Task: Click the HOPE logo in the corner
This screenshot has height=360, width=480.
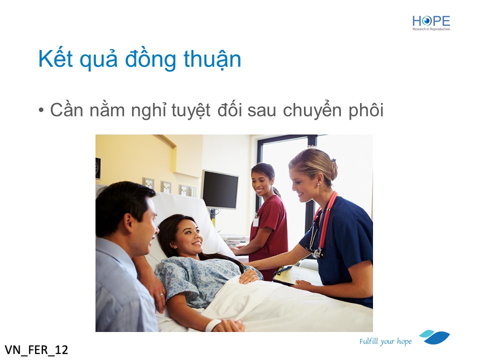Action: point(431,23)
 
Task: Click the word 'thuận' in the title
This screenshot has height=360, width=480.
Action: point(212,59)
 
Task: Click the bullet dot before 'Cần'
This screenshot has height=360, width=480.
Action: point(41,110)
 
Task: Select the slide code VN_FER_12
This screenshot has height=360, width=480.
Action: point(36,349)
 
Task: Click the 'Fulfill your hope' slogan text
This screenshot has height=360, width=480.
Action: point(385,341)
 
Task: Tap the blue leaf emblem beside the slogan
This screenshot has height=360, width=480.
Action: point(434,337)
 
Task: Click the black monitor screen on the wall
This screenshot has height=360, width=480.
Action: point(220,189)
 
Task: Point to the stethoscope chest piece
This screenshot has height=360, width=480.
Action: point(318,253)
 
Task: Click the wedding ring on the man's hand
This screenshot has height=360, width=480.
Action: point(161,294)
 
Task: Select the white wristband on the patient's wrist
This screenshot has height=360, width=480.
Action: point(213,325)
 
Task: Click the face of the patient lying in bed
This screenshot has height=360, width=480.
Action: point(187,237)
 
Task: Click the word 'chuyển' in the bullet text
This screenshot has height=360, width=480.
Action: point(312,110)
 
